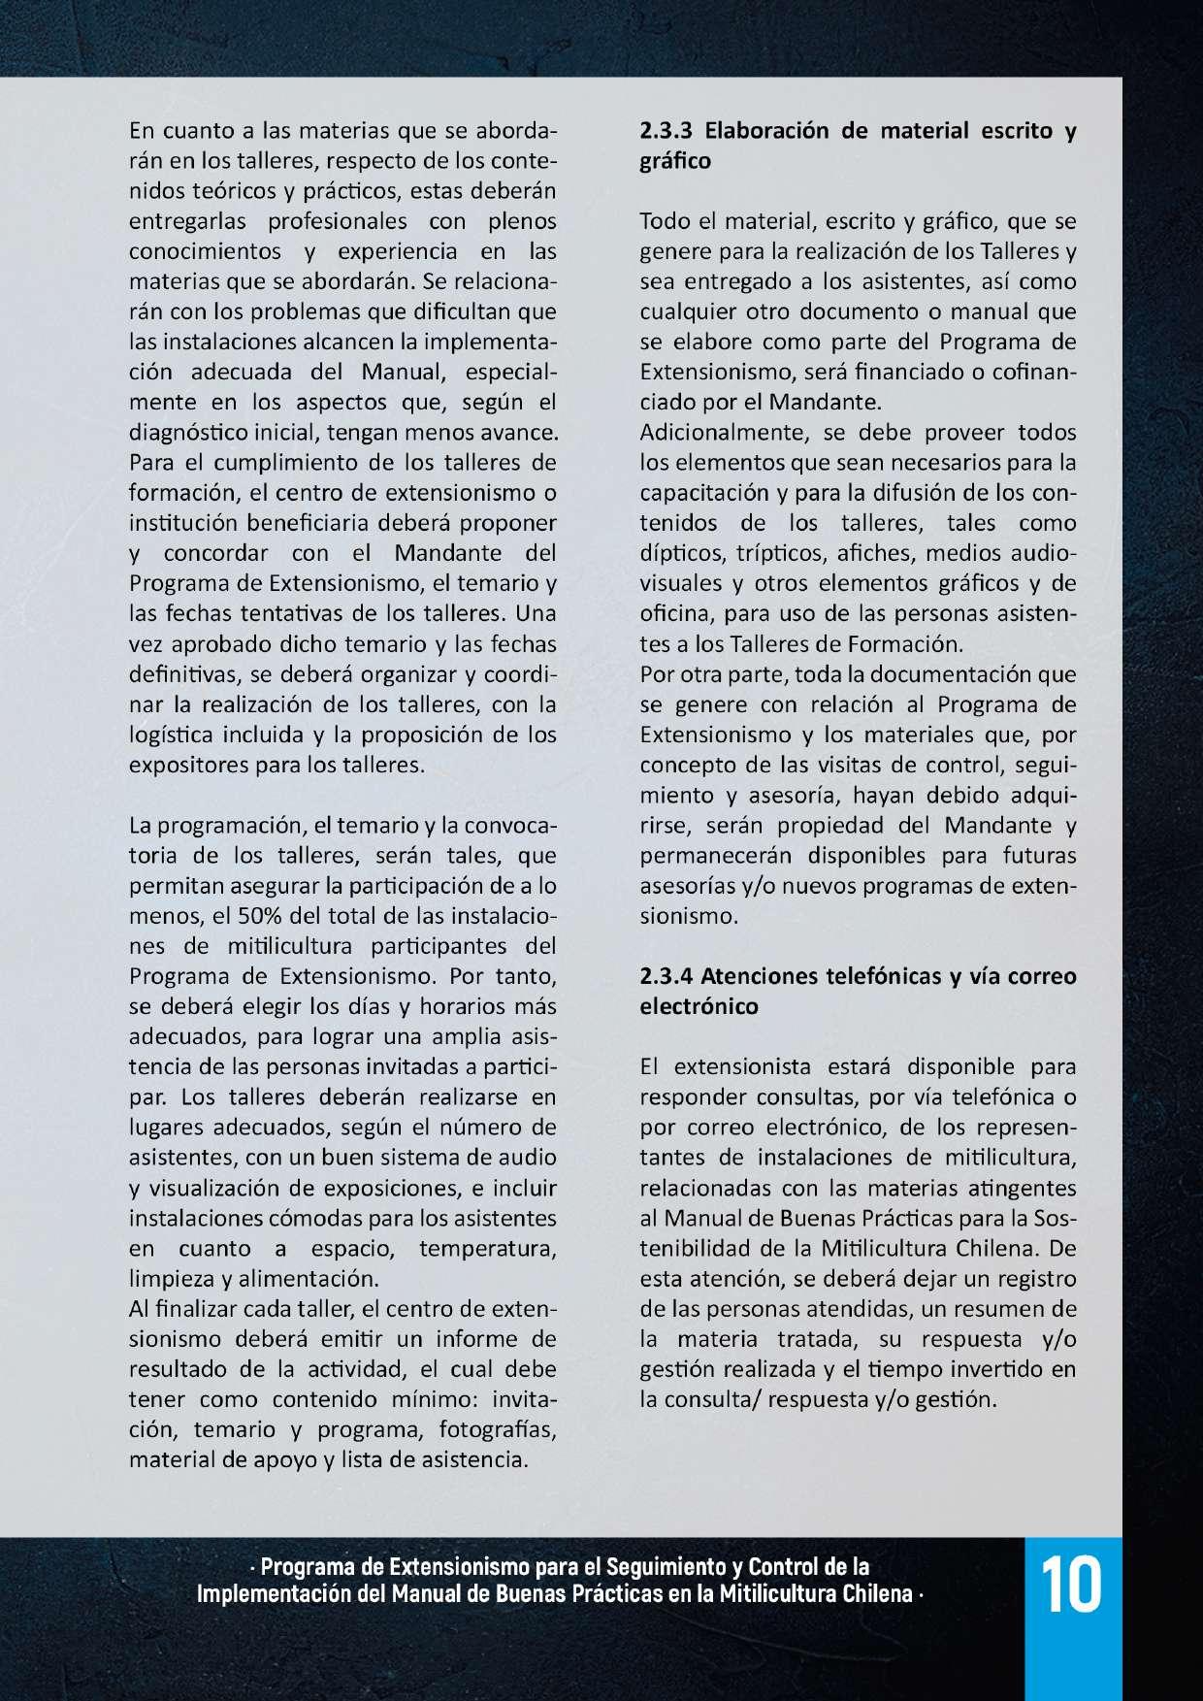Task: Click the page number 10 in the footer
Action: tap(1071, 1585)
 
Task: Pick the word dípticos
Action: tap(681, 553)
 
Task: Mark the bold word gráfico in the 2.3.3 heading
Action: tap(674, 161)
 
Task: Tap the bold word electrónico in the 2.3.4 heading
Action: tap(699, 1006)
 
